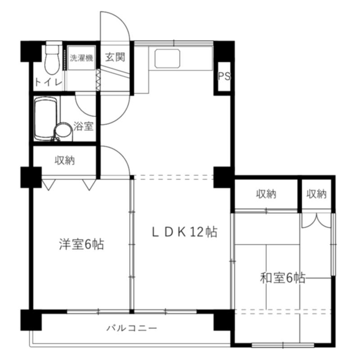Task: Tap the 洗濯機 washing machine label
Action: pyautogui.click(x=81, y=58)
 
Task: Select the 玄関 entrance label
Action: pyautogui.click(x=115, y=57)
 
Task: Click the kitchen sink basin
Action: pyautogui.click(x=167, y=58)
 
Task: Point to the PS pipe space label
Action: pyautogui.click(x=224, y=76)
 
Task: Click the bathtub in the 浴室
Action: pyautogui.click(x=45, y=118)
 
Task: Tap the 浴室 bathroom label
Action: pyautogui.click(x=83, y=126)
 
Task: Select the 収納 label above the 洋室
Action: pyautogui.click(x=64, y=160)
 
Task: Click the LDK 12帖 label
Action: pyautogui.click(x=184, y=232)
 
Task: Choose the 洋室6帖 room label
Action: pyautogui.click(x=81, y=244)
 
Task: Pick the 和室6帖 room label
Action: pyautogui.click(x=283, y=278)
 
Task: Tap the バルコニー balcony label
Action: pyautogui.click(x=132, y=328)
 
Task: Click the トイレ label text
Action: pyautogui.click(x=49, y=82)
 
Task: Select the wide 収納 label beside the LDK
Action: pyautogui.click(x=266, y=194)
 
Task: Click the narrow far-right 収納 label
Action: pyautogui.click(x=317, y=194)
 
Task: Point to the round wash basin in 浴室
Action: pyautogui.click(x=63, y=132)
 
